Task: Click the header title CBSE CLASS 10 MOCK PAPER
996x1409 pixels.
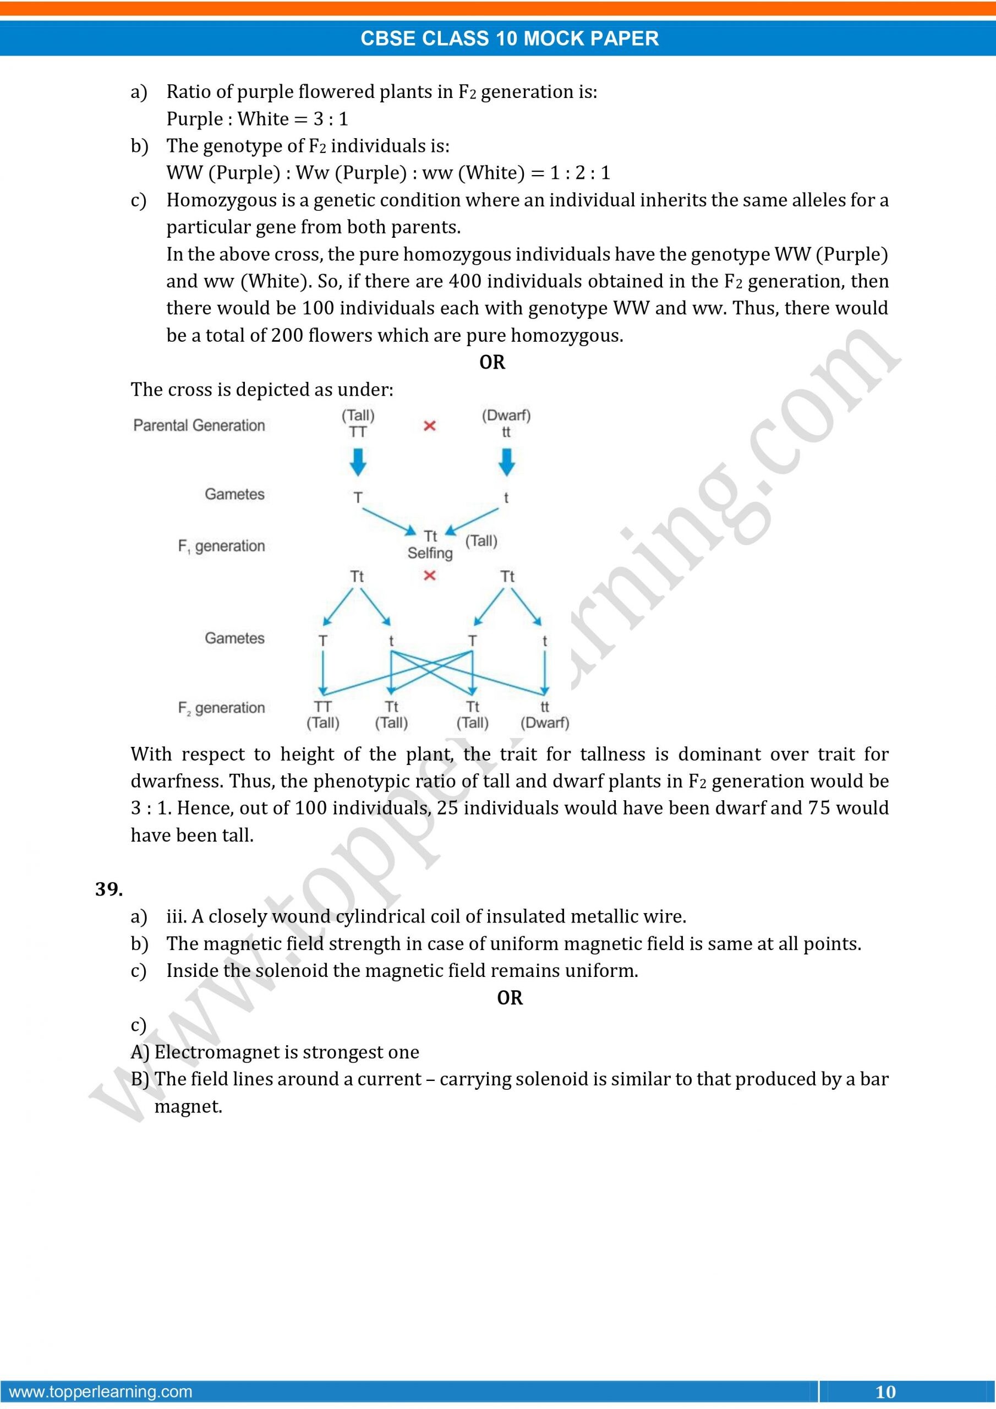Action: [510, 38]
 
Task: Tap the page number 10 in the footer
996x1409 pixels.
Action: [885, 1391]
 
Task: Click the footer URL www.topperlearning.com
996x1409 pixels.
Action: [101, 1391]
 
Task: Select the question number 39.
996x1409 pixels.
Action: [108, 889]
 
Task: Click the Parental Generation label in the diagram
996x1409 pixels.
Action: [199, 425]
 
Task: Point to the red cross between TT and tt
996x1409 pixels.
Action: [430, 425]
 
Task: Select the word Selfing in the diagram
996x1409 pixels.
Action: [430, 553]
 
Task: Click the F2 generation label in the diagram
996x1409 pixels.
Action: [222, 708]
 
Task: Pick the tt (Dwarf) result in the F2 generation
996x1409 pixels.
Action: [544, 715]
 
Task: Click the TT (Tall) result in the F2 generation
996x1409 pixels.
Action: [323, 715]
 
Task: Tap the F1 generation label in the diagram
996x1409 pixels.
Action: [222, 545]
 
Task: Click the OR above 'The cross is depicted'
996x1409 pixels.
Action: [492, 362]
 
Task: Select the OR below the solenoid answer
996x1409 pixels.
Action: [510, 998]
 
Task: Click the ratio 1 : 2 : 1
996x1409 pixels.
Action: [580, 173]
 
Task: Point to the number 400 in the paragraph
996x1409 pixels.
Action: [466, 281]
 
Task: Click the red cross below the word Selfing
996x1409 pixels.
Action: [430, 575]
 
